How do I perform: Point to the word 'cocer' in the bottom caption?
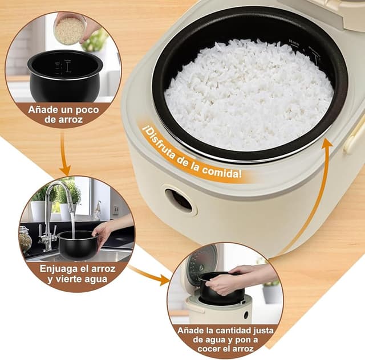(211, 349)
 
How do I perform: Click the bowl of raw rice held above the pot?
(70, 30)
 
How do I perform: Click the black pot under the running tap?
(78, 244)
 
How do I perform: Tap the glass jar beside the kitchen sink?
(25, 239)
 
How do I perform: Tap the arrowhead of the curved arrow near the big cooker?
(326, 143)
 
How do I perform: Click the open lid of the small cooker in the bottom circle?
(202, 264)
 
